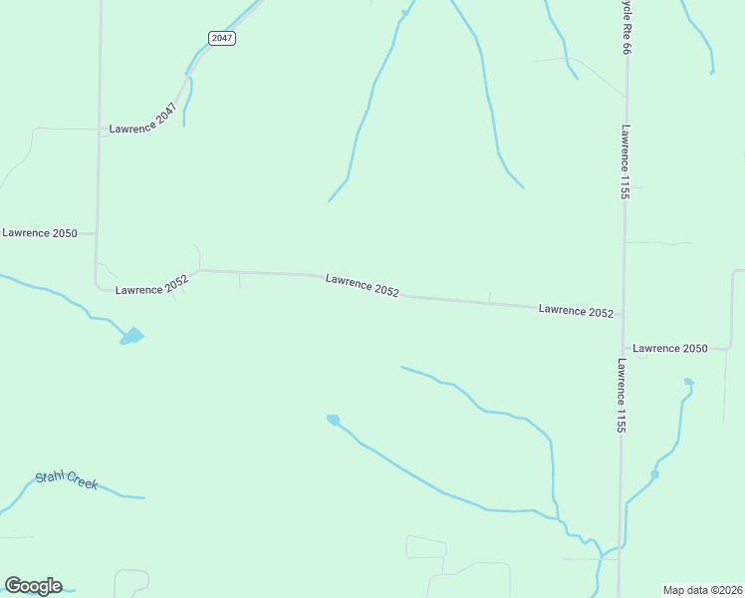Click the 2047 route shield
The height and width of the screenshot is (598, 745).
click(221, 38)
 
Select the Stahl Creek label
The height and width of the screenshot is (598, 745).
click(67, 479)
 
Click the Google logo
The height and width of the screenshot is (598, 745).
click(33, 586)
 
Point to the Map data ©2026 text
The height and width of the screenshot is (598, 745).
click(703, 589)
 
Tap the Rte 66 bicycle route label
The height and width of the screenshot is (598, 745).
click(626, 40)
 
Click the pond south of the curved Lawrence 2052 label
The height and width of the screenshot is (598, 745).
click(131, 337)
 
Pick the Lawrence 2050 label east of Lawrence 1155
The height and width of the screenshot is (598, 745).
click(670, 348)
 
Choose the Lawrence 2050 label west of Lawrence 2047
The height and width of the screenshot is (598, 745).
click(40, 232)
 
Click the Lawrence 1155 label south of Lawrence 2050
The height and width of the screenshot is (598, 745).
click(621, 396)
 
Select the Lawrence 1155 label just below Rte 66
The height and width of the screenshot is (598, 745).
click(625, 161)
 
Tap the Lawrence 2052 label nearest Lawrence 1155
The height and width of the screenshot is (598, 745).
click(576, 311)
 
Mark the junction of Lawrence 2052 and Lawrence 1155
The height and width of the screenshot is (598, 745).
click(622, 314)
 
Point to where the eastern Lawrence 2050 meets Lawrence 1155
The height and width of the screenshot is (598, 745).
click(623, 349)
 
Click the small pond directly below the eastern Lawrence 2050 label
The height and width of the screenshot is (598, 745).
click(688, 382)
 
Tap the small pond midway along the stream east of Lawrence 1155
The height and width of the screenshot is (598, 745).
click(654, 473)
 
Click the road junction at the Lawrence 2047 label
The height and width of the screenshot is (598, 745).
click(100, 130)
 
